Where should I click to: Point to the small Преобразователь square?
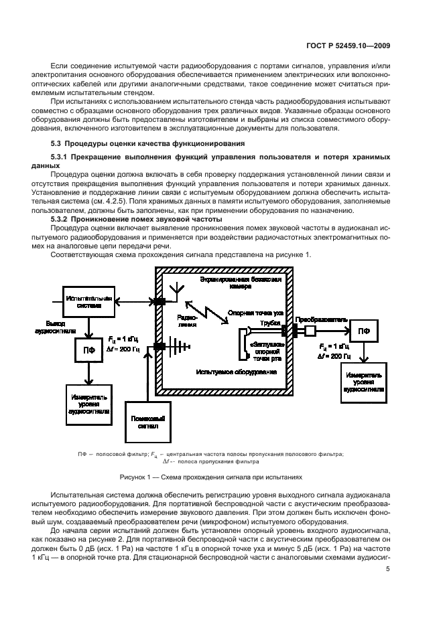(x=311, y=331)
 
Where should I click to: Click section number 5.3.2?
(x=64, y=219)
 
